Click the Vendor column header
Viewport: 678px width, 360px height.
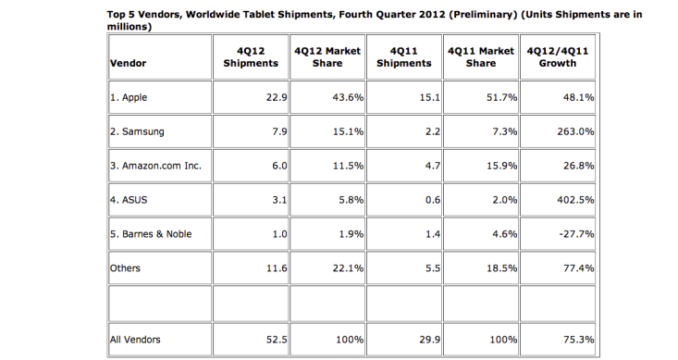point(128,63)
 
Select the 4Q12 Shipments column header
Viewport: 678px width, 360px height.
point(251,57)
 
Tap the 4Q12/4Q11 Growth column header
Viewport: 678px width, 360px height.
point(558,57)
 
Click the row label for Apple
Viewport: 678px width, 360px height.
point(129,97)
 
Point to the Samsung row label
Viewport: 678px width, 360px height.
point(137,131)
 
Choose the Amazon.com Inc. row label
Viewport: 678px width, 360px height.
point(155,166)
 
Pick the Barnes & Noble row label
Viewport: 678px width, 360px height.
point(151,234)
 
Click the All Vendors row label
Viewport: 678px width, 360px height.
point(135,340)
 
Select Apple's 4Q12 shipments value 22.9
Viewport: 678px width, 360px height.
point(277,97)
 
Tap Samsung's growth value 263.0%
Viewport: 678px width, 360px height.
point(575,131)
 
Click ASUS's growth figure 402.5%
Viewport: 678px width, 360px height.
point(575,200)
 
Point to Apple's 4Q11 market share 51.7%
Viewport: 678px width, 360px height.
point(501,97)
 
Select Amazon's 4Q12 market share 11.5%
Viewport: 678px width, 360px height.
point(348,166)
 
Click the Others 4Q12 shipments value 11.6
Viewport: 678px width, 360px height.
point(277,268)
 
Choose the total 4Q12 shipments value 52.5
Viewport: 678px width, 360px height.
point(277,340)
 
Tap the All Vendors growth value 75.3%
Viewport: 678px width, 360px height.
point(578,340)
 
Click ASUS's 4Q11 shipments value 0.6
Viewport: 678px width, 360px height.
point(432,200)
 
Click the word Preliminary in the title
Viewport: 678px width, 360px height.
point(483,15)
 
